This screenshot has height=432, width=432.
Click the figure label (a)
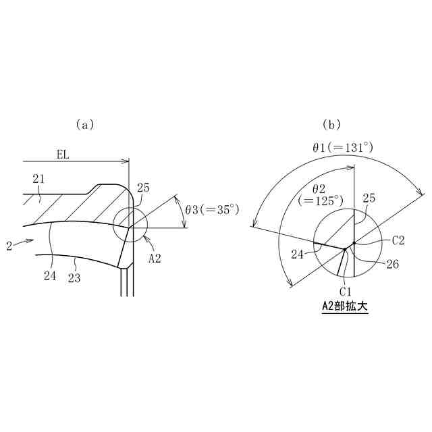point(85,125)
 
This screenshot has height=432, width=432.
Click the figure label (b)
point(331,125)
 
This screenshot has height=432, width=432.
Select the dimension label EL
point(63,155)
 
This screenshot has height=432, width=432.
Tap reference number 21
point(38,180)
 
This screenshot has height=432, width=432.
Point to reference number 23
point(74,278)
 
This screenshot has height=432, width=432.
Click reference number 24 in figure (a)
point(50,276)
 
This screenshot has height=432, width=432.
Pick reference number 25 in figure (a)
point(143,188)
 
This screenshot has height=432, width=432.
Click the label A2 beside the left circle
point(155,259)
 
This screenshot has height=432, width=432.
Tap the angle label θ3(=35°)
point(212,210)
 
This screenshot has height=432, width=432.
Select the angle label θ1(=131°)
point(343,147)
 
